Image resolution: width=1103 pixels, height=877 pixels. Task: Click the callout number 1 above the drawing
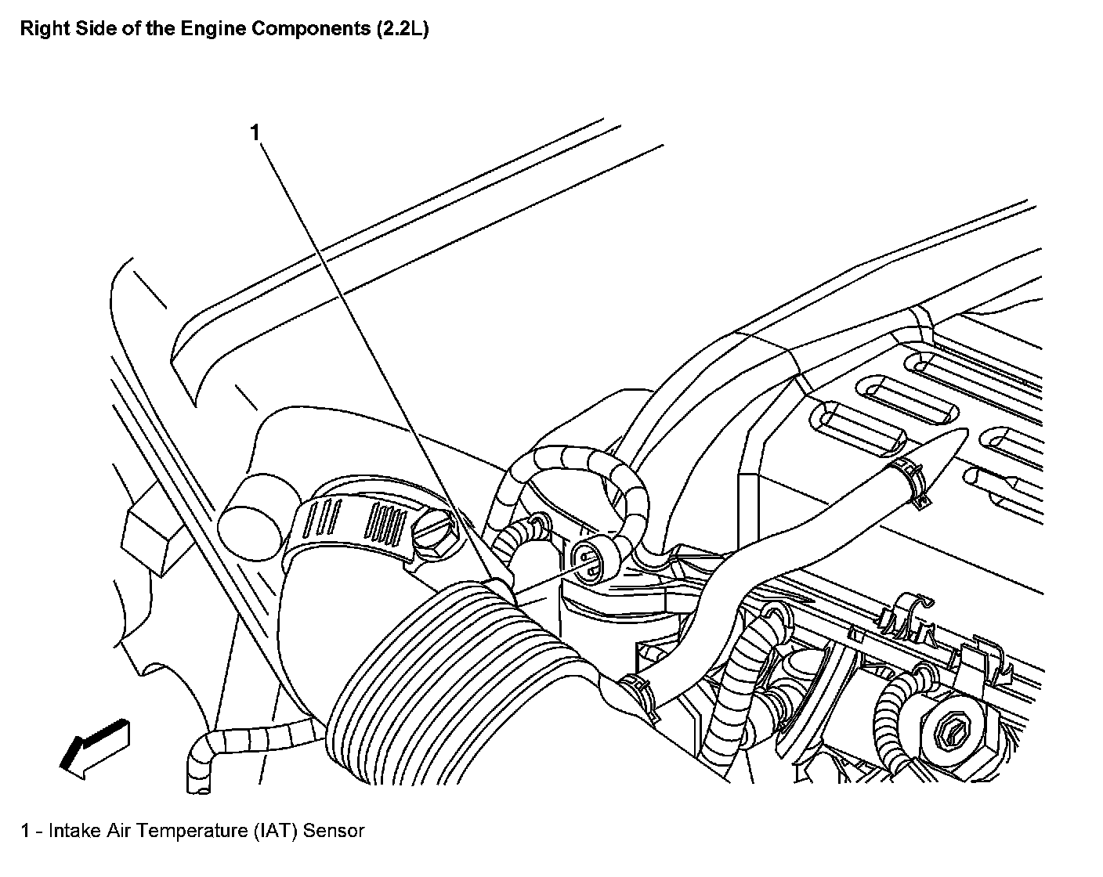(x=255, y=132)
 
